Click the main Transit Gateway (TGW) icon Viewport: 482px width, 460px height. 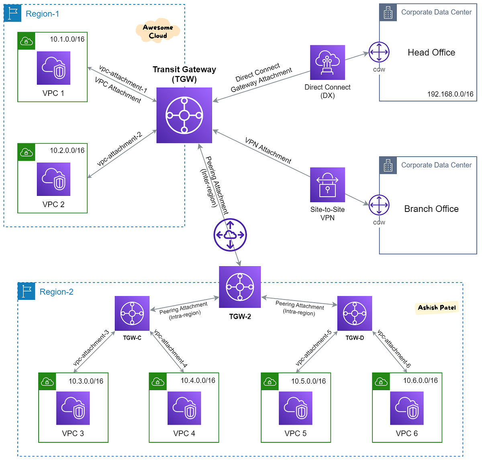click(184, 115)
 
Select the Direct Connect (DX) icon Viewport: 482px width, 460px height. click(327, 62)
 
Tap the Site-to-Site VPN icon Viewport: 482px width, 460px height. click(327, 185)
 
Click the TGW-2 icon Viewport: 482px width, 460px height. click(240, 287)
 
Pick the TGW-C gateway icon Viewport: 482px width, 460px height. click(132, 313)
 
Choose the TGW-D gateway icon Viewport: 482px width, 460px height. click(354, 313)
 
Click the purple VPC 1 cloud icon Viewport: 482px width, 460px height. click(53, 68)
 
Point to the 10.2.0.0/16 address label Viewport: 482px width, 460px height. click(67, 151)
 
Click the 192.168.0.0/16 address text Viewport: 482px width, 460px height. click(450, 94)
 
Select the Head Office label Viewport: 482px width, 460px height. click(431, 53)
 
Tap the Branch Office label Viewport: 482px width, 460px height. click(431, 209)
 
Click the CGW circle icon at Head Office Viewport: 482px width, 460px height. click(379, 53)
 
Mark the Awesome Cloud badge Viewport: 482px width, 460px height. click(158, 31)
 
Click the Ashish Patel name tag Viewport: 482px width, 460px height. click(437, 307)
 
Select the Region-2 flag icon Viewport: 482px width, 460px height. click(27, 291)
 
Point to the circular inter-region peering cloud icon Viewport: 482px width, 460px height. click(230, 235)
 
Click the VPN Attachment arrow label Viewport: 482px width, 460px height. click(268, 151)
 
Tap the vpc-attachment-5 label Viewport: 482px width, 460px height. click(313, 348)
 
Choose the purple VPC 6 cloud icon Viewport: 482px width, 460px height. click(406, 408)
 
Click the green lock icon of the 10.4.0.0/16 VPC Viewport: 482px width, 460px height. click(158, 381)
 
